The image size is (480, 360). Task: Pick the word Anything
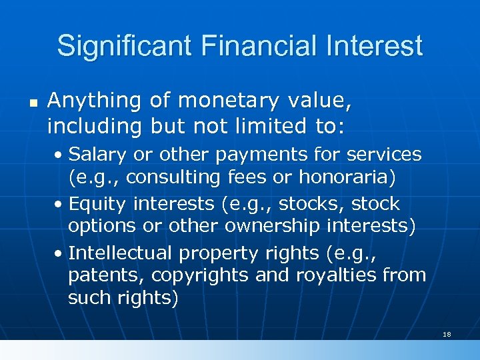(95, 101)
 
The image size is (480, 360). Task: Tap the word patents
(107, 275)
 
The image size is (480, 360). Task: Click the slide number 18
(447, 333)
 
